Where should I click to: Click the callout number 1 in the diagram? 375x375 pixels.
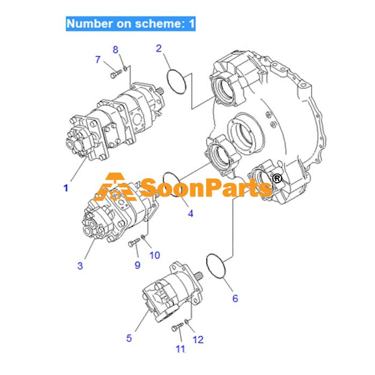(x=66, y=188)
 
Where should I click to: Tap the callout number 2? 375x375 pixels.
(x=159, y=49)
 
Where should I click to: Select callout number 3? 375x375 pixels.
(x=80, y=266)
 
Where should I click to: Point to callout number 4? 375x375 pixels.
(x=190, y=214)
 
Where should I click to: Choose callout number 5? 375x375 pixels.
(x=129, y=338)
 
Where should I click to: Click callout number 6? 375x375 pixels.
(x=235, y=298)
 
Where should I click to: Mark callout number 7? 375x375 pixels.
(x=97, y=59)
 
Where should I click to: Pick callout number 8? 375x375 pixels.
(x=116, y=50)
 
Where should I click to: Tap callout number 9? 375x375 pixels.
(x=137, y=265)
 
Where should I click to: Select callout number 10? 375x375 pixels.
(x=155, y=256)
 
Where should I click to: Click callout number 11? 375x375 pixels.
(x=181, y=349)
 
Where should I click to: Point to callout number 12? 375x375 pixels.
(x=198, y=340)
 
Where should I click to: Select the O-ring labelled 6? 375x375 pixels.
(x=207, y=263)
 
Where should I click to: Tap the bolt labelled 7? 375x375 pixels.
(x=116, y=73)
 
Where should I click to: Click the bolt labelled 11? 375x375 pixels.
(x=177, y=327)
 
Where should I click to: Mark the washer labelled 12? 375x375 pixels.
(x=187, y=321)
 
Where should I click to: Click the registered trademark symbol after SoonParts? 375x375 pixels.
(x=277, y=178)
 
